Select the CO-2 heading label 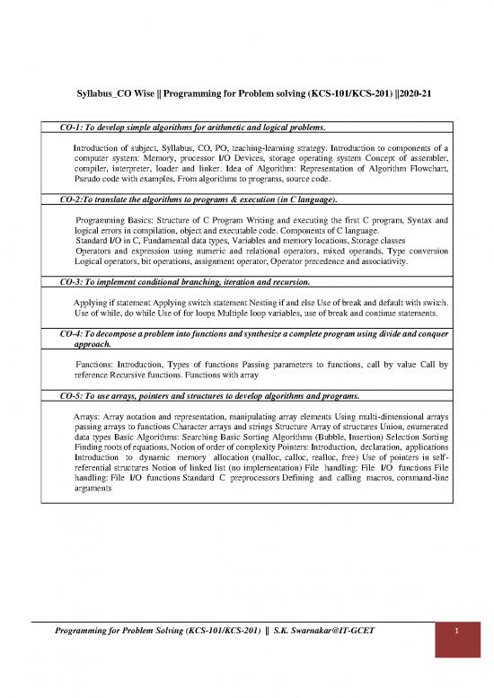click(x=63, y=199)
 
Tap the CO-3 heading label click(x=63, y=282)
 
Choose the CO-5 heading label click(x=63, y=396)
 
